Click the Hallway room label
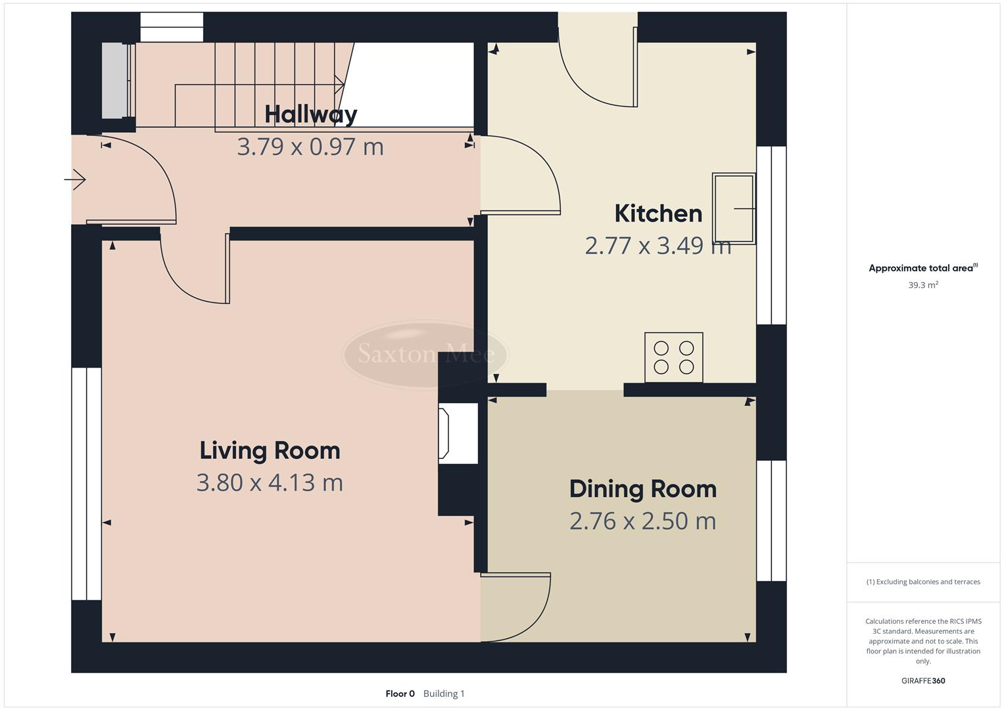click(x=310, y=114)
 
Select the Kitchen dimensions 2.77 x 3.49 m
click(x=657, y=246)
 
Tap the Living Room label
click(x=270, y=451)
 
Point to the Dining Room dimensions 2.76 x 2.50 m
click(x=642, y=521)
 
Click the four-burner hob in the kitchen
click(x=674, y=357)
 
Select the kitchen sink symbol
click(x=734, y=208)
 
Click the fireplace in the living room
click(x=457, y=433)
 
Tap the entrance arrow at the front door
click(x=76, y=179)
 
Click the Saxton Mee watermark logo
click(x=425, y=354)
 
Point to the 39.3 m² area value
click(x=923, y=285)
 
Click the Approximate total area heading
click(x=922, y=268)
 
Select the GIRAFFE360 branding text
click(x=922, y=680)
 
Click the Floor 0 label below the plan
click(x=400, y=694)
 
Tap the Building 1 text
click(x=444, y=694)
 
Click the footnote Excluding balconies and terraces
click(x=923, y=582)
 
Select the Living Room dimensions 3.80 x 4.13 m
click(x=270, y=483)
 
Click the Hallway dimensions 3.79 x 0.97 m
click(x=310, y=147)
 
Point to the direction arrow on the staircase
click(x=338, y=85)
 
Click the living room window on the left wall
click(x=86, y=484)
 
